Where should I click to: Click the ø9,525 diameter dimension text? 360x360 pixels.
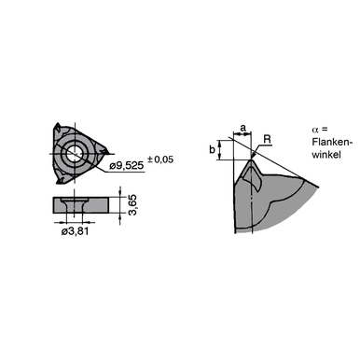click(132, 167)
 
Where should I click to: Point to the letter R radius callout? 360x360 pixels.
click(267, 139)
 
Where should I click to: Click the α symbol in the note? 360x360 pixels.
click(314, 129)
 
